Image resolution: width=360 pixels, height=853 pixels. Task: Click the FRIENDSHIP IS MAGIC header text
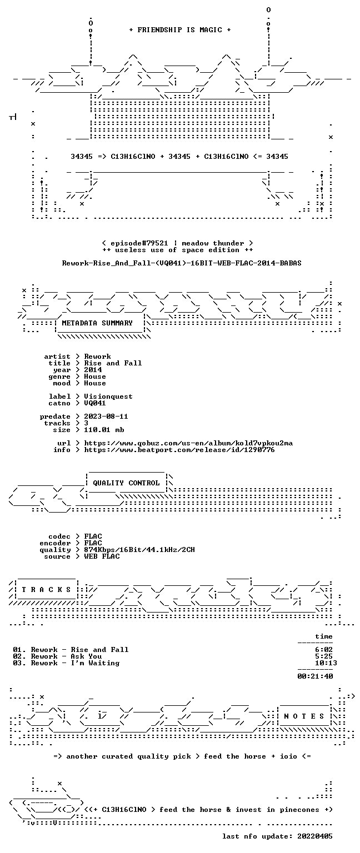point(180,29)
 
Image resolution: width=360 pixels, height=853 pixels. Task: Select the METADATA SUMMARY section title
point(97,323)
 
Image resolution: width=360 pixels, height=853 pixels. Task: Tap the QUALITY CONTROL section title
point(126,483)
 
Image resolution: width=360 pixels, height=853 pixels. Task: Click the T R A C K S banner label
point(47,589)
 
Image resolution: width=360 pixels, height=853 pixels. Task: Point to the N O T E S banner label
point(304,716)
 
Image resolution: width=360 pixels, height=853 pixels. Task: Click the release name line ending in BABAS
point(182,263)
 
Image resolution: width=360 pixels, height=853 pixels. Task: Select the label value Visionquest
point(108,397)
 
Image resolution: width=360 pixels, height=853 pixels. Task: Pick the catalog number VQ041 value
point(95,403)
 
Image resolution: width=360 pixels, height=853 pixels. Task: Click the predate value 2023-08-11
point(106,416)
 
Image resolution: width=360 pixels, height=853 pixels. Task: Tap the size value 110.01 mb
point(104,429)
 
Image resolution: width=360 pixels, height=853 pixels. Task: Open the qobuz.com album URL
point(188,443)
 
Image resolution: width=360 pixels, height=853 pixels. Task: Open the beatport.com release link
point(179,450)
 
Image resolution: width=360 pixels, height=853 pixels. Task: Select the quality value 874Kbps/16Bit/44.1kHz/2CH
point(139,549)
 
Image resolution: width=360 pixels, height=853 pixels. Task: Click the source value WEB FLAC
point(102,556)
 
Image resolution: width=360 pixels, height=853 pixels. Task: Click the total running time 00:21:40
point(315,676)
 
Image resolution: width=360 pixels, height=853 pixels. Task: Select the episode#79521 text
point(139,243)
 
